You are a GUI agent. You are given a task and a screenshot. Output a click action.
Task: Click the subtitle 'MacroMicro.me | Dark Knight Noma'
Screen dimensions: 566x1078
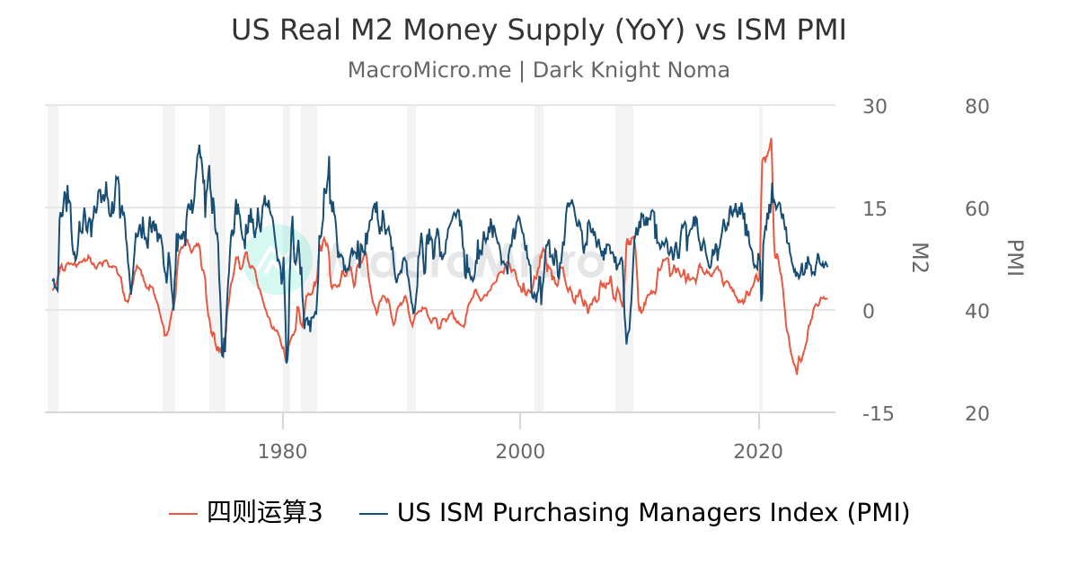(538, 70)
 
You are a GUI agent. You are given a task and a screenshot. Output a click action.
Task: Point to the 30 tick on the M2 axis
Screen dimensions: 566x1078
(874, 106)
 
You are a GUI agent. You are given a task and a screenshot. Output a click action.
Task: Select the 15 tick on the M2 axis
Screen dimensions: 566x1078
(874, 208)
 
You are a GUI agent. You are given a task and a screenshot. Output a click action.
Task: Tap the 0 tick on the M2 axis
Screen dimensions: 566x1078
(868, 311)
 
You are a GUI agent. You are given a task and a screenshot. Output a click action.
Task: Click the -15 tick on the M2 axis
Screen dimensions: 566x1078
(878, 413)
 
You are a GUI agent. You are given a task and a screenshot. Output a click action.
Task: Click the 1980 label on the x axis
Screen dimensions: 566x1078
(283, 451)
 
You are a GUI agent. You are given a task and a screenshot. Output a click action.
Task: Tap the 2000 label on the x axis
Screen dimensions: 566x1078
(520, 451)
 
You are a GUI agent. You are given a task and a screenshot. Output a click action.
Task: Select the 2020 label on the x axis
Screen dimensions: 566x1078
(759, 451)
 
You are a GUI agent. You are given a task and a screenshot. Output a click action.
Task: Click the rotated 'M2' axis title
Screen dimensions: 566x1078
(920, 258)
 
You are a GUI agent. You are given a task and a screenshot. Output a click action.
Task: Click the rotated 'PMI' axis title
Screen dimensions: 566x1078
(1015, 258)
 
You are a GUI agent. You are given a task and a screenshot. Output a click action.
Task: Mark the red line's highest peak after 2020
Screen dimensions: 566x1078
(771, 139)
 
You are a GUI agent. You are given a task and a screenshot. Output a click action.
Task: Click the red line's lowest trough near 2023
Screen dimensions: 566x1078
(796, 374)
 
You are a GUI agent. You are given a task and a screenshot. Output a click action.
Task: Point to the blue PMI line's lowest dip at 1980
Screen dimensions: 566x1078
(287, 362)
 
